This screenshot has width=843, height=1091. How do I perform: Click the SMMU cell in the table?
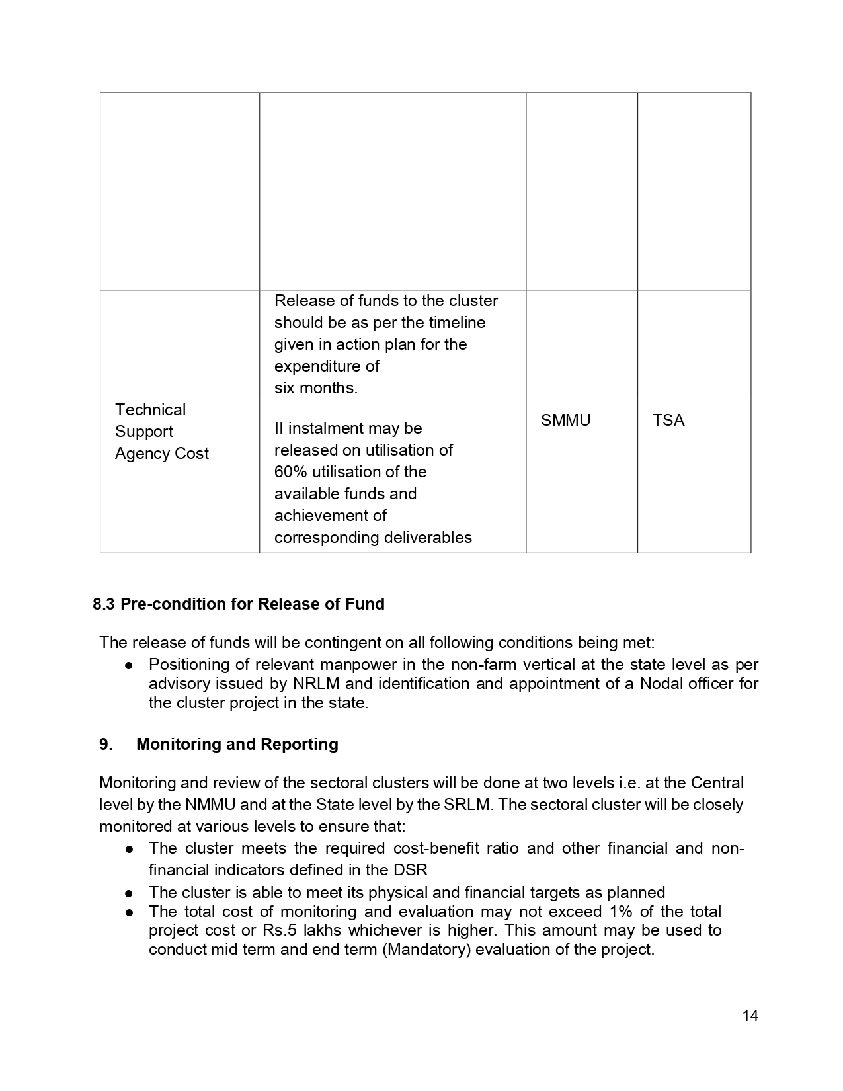pyautogui.click(x=565, y=421)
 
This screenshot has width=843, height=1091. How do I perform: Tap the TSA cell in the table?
pyautogui.click(x=668, y=421)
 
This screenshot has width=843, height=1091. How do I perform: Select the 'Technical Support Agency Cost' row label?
pyautogui.click(x=161, y=431)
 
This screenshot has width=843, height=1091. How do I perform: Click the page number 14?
pyautogui.click(x=750, y=1016)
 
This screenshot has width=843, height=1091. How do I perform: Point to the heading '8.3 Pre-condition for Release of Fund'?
pyautogui.click(x=239, y=604)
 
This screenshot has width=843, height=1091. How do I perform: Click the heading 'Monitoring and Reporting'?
pyautogui.click(x=237, y=744)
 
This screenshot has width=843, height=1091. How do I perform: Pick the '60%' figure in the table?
pyautogui.click(x=289, y=472)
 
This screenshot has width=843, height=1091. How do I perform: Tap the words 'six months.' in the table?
pyautogui.click(x=315, y=388)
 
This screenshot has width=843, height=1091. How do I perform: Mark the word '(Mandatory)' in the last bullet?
pyautogui.click(x=426, y=950)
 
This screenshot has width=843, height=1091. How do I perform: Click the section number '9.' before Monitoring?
pyautogui.click(x=106, y=744)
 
